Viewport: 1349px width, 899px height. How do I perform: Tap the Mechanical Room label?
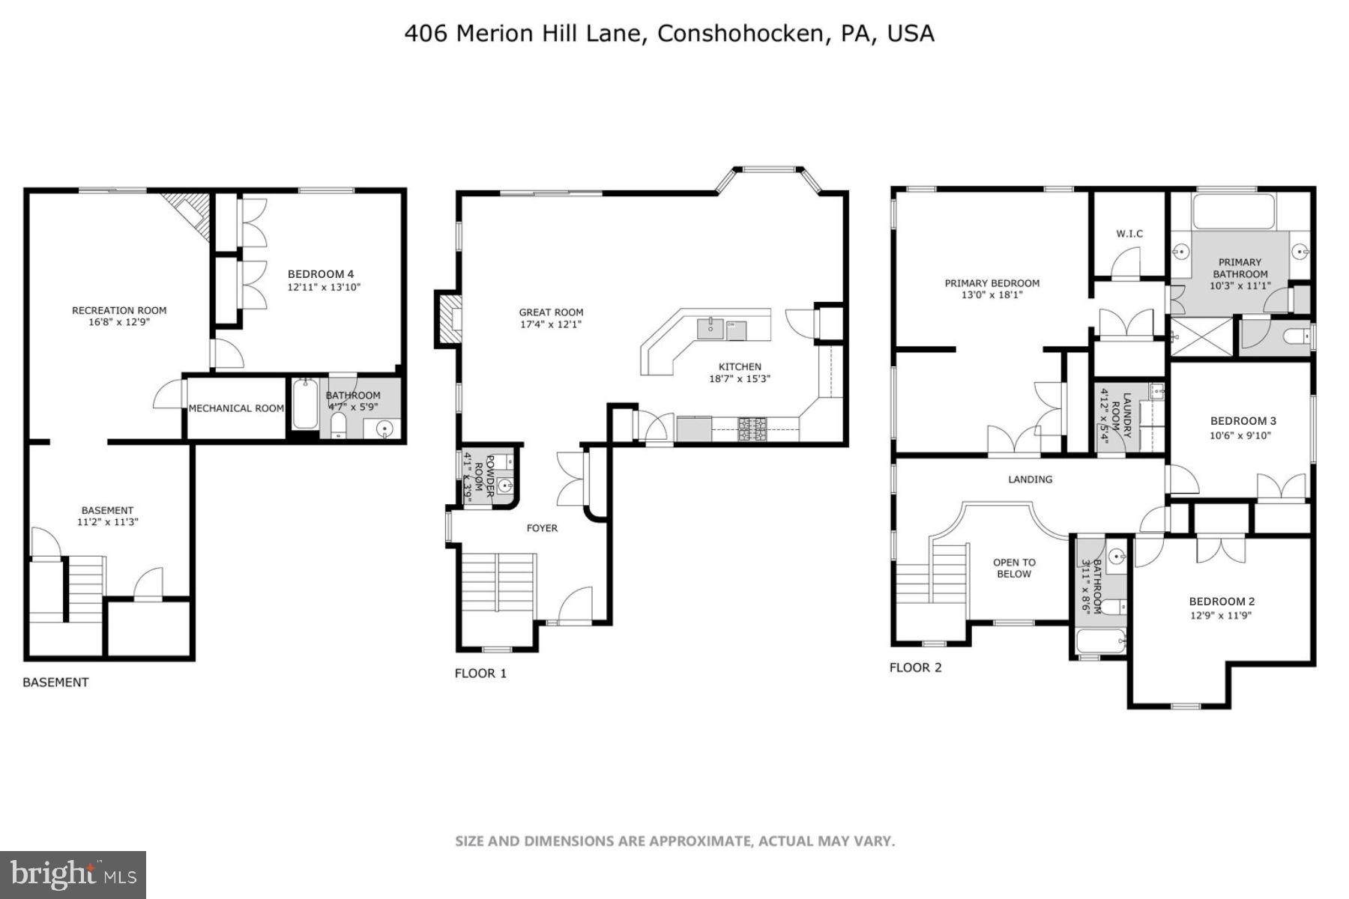click(x=236, y=408)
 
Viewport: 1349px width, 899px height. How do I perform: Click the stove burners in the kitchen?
click(x=752, y=429)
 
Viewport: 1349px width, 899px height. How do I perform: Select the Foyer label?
click(x=542, y=528)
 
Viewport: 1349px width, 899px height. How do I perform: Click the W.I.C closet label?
click(x=1129, y=234)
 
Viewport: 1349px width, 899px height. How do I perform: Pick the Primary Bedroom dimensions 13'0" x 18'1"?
click(x=992, y=295)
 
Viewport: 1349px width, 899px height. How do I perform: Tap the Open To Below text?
click(x=1014, y=568)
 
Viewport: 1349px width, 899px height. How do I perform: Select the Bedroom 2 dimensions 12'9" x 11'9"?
click(x=1221, y=616)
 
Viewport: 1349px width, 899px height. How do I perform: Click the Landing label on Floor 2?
click(x=1030, y=479)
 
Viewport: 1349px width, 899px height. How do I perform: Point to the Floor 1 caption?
click(x=480, y=674)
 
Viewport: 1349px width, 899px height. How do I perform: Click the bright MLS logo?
click(x=73, y=874)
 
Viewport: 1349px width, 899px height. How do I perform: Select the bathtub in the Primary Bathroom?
click(x=1233, y=212)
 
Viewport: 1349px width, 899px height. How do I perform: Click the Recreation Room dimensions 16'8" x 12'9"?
click(x=119, y=323)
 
